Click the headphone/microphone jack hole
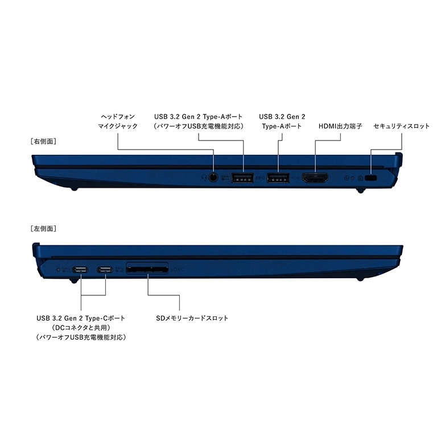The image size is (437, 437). [213, 178]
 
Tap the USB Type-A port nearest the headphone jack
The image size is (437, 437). [242, 178]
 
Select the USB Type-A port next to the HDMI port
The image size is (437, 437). [278, 178]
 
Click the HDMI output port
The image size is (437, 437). [315, 178]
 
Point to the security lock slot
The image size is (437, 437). [371, 178]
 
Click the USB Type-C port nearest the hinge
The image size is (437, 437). [80, 270]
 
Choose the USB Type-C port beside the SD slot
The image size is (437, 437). [105, 270]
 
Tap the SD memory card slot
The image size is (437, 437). [147, 269]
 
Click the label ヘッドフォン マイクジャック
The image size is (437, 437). [118, 121]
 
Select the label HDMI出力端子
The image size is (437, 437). [340, 126]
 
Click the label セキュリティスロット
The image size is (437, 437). [401, 126]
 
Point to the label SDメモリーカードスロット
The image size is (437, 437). [192, 318]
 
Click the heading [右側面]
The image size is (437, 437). [43, 141]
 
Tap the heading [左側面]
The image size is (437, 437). [43, 229]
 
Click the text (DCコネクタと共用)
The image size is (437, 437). [81, 328]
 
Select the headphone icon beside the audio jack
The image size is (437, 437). [204, 178]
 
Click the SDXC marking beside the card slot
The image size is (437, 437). [177, 270]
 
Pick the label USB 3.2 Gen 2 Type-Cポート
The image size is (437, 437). [81, 318]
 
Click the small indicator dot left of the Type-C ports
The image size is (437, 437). [58, 270]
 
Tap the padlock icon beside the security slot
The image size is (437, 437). [360, 178]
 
